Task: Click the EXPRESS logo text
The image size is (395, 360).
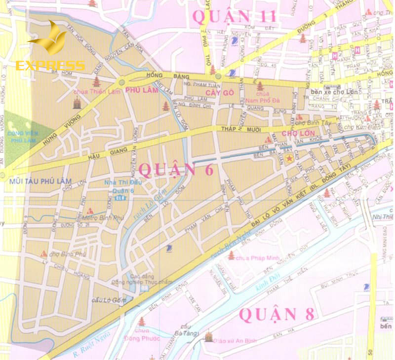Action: click(x=50, y=66)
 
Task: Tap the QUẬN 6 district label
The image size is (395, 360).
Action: click(x=176, y=169)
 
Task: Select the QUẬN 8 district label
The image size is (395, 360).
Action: click(x=276, y=314)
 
